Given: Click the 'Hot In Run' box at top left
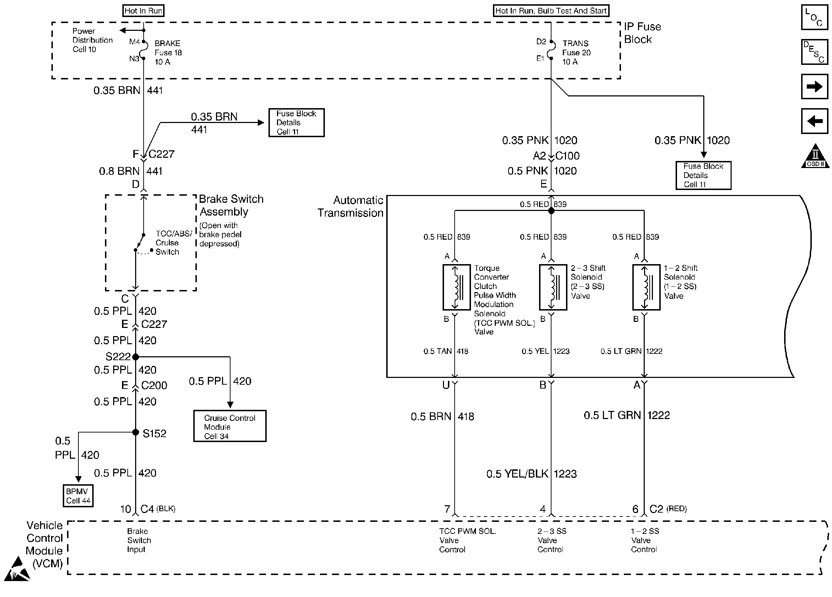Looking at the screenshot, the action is pos(143,11).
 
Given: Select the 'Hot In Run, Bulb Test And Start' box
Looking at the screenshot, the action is pos(551,11).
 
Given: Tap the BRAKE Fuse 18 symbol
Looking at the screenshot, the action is pos(143,50).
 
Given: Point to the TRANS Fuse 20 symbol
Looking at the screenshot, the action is pos(551,50).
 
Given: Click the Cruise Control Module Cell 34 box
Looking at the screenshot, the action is pos(230,426).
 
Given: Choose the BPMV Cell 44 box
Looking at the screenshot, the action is pos(78,496).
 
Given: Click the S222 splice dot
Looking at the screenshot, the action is pos(135,356).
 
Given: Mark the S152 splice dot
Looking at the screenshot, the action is pos(135,433).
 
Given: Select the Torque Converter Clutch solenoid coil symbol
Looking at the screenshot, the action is pos(457,287).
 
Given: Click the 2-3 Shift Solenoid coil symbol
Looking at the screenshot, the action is pos(553,287).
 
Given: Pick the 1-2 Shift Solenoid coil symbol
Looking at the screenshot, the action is pos(647,287).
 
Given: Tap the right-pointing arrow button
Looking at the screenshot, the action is pos(814,87).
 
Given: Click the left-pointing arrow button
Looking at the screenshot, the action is pos(814,121).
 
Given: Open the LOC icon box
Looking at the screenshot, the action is pos(814,17).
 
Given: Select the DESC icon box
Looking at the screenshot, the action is pos(814,52).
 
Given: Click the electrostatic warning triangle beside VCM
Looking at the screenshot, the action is pos(17,569).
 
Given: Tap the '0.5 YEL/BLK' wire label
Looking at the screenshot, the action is pos(517,474).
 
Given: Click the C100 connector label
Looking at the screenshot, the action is pos(567,156).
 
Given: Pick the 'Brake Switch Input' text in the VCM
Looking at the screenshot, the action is pos(139,540).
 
